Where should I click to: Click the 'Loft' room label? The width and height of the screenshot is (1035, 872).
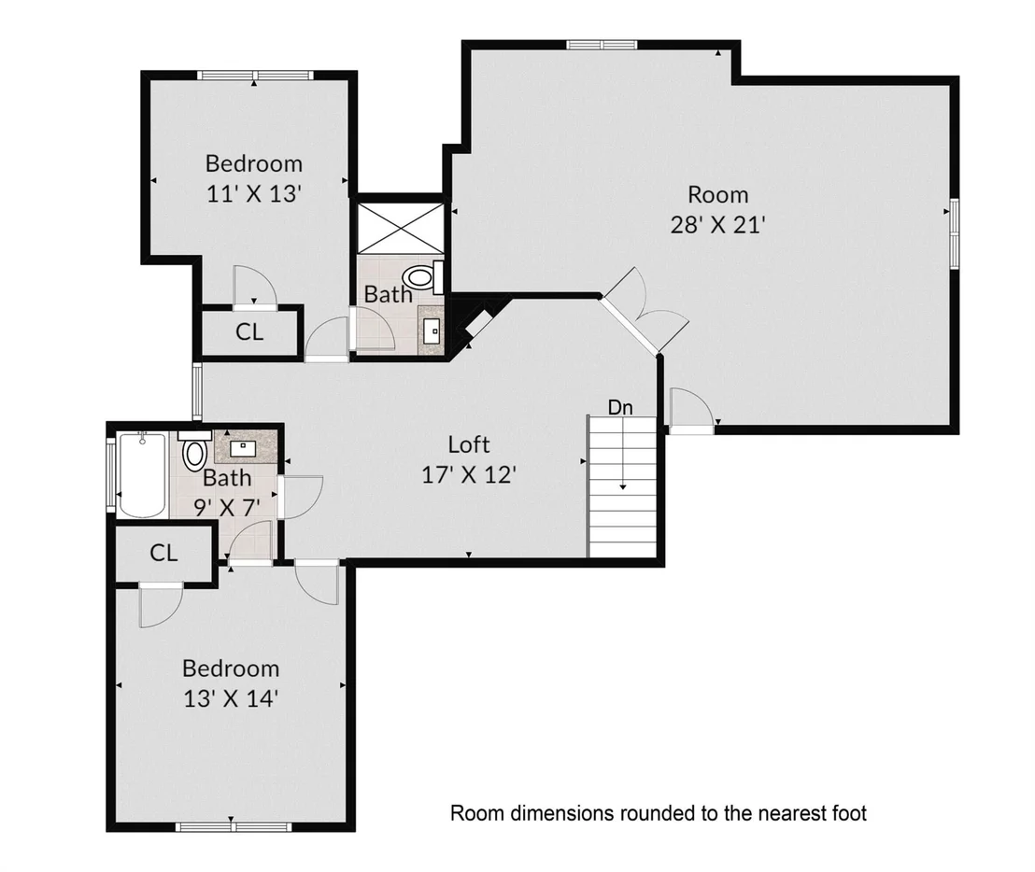(x=469, y=444)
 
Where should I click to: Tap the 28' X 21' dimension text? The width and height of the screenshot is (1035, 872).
(x=717, y=226)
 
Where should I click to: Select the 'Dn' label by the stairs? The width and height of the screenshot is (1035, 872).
(x=620, y=408)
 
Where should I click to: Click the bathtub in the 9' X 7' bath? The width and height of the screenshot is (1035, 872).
(x=142, y=474)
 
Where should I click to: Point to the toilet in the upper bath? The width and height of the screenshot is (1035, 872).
(x=424, y=277)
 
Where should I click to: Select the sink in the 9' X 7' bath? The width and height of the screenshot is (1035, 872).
(x=243, y=448)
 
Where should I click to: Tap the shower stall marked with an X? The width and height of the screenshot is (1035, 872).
(x=401, y=228)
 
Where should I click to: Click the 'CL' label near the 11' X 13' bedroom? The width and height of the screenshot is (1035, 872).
(x=249, y=331)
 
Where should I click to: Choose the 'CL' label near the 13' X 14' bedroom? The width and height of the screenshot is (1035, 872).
(x=163, y=553)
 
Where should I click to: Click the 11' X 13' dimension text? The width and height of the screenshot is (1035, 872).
(x=254, y=194)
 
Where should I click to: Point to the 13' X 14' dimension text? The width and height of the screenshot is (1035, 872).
(x=231, y=698)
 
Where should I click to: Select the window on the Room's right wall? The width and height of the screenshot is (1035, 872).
(x=954, y=233)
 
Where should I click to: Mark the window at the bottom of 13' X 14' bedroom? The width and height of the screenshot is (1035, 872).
(x=234, y=826)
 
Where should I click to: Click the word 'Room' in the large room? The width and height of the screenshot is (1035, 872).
(x=718, y=195)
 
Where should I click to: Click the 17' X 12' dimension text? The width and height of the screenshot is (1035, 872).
(x=469, y=475)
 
